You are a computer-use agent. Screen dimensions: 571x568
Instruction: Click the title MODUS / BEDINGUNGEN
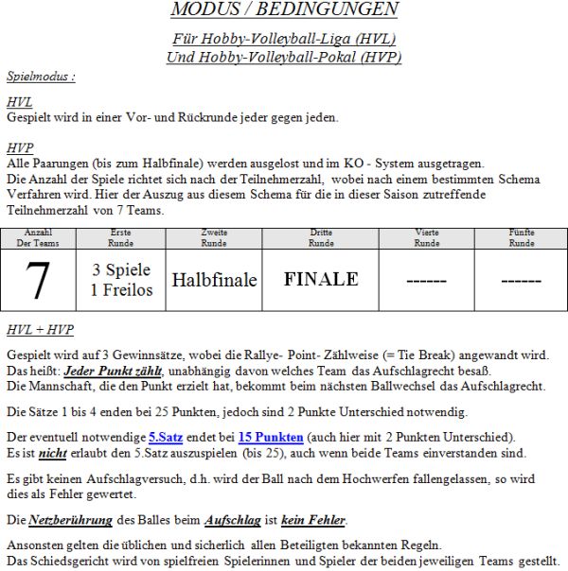[284, 10]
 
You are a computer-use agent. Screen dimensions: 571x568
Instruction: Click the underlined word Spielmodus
[40, 76]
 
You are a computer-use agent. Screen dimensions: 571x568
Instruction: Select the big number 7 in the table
[37, 280]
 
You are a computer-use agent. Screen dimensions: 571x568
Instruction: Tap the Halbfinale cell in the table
[214, 280]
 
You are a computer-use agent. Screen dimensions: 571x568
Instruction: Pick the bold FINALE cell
[321, 279]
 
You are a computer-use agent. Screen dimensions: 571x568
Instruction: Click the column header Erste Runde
[121, 237]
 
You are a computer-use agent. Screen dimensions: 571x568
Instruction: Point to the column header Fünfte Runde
[522, 237]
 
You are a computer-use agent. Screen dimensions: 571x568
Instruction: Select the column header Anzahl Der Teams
[38, 237]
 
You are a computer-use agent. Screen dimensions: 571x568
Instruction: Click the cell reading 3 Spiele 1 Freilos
[121, 280]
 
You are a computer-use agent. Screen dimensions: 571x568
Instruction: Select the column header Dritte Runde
[321, 237]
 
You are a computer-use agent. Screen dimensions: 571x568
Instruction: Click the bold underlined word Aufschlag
[232, 520]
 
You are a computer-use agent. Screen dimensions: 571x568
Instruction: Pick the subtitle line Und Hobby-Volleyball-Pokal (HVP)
[284, 57]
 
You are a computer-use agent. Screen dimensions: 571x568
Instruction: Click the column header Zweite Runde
[215, 237]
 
